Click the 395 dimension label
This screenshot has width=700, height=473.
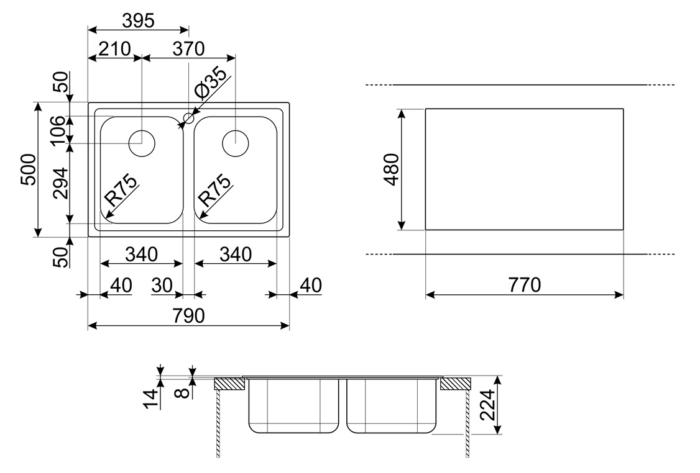coord(138,20)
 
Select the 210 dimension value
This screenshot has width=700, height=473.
coord(114,48)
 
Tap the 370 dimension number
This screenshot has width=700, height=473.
coord(188,48)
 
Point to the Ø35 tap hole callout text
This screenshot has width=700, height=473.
coord(211,83)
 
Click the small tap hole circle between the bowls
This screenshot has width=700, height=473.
coord(189,118)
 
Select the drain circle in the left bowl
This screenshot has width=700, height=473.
coord(142,143)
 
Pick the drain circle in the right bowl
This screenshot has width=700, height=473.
coord(235,143)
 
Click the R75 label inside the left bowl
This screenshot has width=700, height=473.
coord(121,190)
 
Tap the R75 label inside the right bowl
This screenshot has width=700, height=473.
coord(215,190)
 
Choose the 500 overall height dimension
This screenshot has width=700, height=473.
coord(28,169)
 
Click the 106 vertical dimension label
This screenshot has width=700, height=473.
coord(58,130)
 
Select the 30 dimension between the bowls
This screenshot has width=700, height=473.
coord(162,286)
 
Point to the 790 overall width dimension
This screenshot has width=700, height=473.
coord(188,315)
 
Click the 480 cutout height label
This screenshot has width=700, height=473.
coord(392,169)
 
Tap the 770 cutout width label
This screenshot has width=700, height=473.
coord(525,285)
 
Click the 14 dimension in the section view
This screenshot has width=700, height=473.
coord(151,398)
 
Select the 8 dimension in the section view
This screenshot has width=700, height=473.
coord(183,393)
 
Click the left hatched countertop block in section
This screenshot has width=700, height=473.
coord(231,384)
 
